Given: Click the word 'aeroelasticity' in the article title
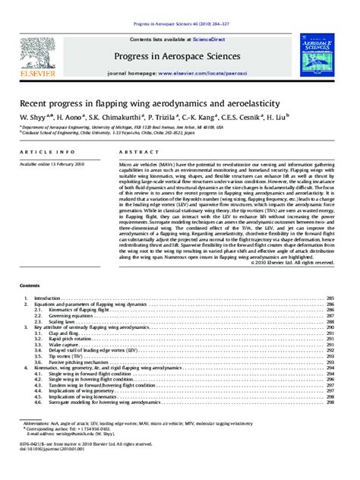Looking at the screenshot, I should coord(235,103).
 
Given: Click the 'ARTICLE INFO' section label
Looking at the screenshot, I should coord(43,153).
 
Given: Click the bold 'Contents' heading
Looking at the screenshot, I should coord(30,286).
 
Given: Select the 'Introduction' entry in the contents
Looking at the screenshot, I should coord(49,298).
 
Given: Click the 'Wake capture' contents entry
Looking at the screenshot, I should coord(61,344).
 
